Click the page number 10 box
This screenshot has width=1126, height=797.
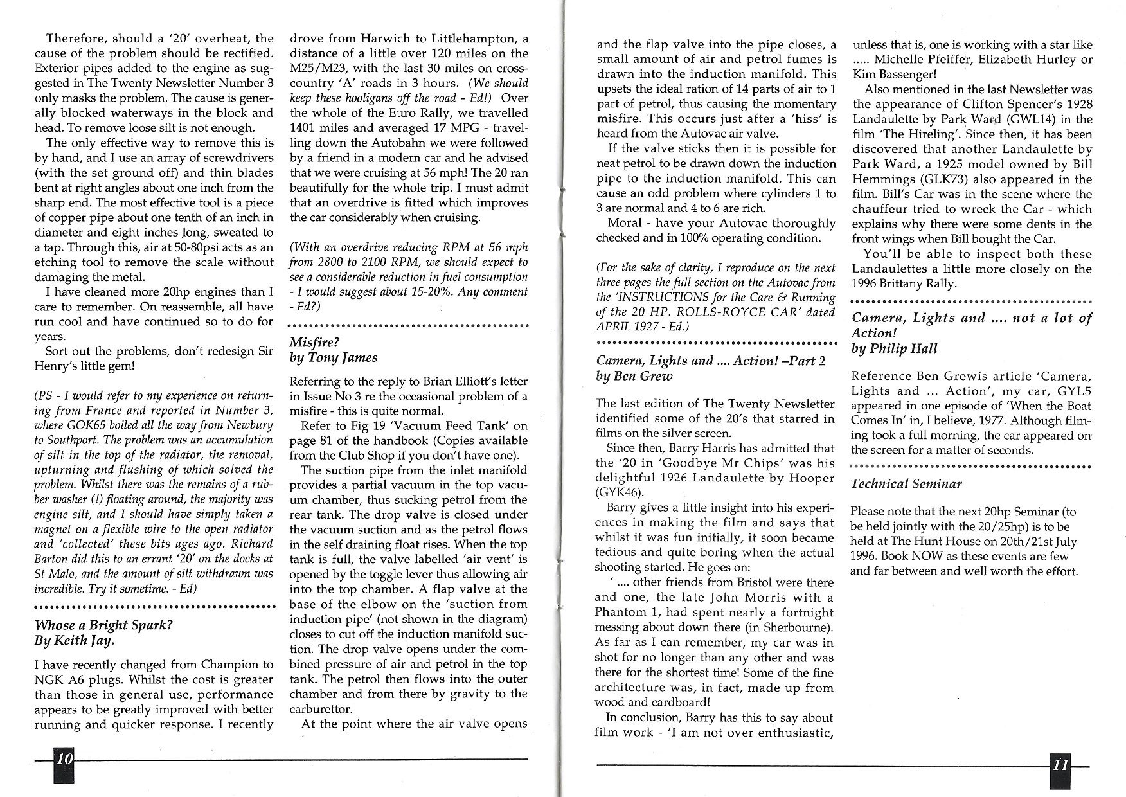pos(64,759)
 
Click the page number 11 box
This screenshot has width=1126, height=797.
pos(1061,766)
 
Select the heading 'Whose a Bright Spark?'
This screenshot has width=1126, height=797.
pos(103,625)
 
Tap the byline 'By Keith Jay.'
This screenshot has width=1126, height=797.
pos(75,641)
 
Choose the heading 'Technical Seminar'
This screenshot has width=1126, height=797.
pos(906,484)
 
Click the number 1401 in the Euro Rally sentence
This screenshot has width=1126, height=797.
pos(304,128)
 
